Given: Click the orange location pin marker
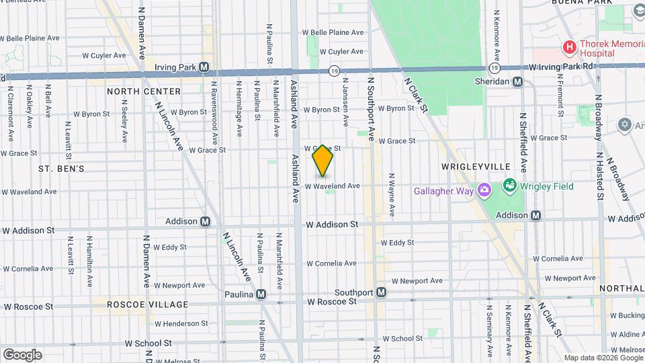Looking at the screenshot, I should point(322,161).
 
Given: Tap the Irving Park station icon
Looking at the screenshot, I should point(204,67).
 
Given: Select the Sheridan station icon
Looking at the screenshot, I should point(517,81).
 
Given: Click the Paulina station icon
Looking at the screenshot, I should point(261,294).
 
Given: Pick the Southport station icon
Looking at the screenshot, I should point(381,292).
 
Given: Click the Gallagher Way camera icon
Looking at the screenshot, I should point(483,192).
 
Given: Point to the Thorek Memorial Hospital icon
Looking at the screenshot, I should point(570,47).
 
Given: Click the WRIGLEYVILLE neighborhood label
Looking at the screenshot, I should point(476,166).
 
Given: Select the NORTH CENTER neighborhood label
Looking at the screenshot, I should point(144,91).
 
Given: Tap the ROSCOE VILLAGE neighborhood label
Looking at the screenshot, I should point(148,305).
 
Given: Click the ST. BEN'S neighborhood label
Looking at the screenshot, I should point(61,168).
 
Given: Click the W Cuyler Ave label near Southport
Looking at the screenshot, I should point(341,51).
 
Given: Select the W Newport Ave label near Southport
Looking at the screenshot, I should point(417,280).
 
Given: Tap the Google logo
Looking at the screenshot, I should point(22,354).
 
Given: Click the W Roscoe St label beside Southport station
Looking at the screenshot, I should point(332,302).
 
